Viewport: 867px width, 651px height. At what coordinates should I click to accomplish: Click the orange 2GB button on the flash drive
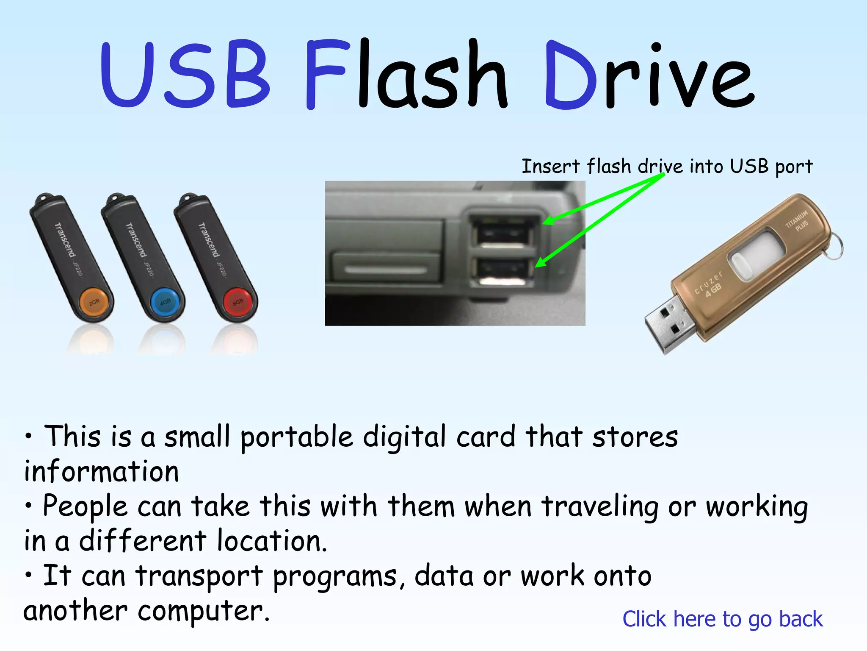(94, 302)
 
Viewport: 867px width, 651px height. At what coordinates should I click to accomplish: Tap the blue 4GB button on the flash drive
(166, 302)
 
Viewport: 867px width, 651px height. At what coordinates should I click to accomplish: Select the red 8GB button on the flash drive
(238, 302)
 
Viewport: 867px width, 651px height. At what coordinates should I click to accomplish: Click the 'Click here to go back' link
(722, 619)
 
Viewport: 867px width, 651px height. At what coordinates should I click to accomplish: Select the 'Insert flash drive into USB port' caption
(667, 167)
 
